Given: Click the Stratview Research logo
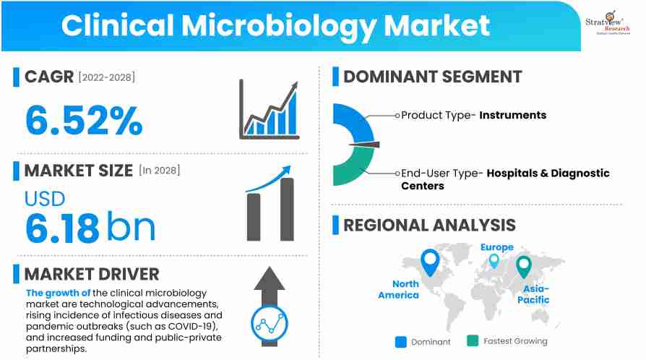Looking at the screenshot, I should (609, 22).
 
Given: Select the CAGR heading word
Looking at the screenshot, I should (49, 77).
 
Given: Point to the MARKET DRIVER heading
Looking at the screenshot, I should (92, 274).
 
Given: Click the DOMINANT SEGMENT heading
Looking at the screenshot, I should (432, 77).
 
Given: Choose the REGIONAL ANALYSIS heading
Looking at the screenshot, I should (429, 225).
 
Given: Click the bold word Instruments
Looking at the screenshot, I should (513, 115).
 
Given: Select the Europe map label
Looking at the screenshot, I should (497, 247).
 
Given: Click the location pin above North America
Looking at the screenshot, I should (430, 262).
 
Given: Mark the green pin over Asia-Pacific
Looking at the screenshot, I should (524, 267).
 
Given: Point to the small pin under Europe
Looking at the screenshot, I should (494, 260).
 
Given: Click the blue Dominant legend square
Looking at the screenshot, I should (401, 341).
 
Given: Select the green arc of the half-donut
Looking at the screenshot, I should (350, 171).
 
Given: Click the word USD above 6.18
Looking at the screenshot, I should (45, 198).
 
